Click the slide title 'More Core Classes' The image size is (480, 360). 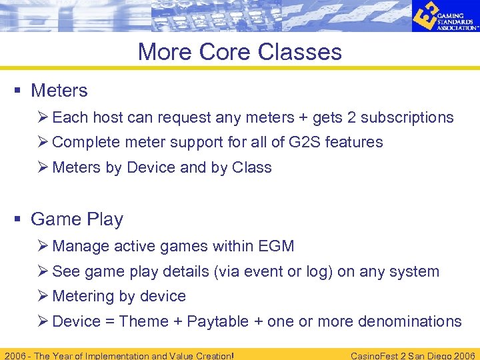(x=239, y=52)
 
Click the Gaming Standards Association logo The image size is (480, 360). (x=444, y=17)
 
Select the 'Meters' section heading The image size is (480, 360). (x=59, y=90)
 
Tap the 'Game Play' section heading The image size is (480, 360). (x=77, y=219)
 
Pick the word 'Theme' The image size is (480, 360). (x=143, y=321)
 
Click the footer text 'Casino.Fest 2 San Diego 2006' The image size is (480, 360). (x=413, y=355)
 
